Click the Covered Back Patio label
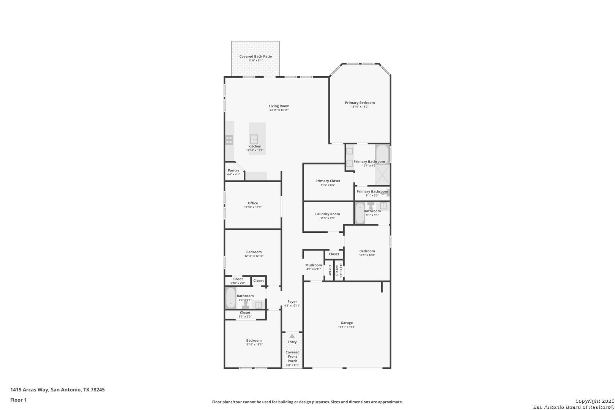tap(255, 56)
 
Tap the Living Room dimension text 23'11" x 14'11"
tap(279, 110)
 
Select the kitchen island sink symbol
tap(254, 139)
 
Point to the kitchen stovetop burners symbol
tap(229, 140)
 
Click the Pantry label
tap(233, 170)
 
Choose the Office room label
tap(253, 203)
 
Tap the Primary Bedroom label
tap(360, 103)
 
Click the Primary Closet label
tap(328, 181)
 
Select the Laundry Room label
tap(328, 214)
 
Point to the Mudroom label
tap(314, 265)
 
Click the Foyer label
tap(292, 301)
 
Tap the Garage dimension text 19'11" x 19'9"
tap(347, 327)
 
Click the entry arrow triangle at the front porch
tap(292, 336)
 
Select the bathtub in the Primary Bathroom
tap(382, 155)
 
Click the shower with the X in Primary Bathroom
tap(382, 175)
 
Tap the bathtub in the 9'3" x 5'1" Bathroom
tap(231, 298)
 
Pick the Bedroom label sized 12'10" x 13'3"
tap(254, 341)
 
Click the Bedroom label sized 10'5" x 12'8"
tap(367, 251)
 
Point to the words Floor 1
tap(18, 400)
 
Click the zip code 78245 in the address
tap(98, 389)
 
